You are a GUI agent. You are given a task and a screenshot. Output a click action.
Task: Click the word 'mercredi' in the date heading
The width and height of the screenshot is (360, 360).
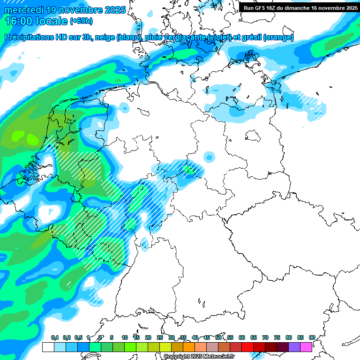click(23, 9)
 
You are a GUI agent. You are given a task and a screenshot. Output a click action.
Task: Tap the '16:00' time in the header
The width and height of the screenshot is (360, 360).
click(19, 21)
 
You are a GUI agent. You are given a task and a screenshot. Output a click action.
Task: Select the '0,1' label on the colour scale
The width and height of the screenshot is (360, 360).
click(54, 337)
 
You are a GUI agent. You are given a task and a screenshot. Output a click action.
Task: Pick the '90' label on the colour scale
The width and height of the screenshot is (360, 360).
click(312, 337)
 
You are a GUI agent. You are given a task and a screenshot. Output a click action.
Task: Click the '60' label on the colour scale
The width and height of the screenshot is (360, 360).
click(242, 337)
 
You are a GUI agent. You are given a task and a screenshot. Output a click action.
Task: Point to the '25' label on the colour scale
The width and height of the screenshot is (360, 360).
click(160, 337)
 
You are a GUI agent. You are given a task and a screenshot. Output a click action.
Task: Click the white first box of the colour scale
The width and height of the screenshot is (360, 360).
click(48, 347)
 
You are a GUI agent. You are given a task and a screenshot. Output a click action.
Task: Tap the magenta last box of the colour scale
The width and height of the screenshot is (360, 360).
click(306, 347)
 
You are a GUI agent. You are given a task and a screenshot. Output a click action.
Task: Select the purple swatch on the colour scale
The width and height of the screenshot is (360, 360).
click(294, 347)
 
